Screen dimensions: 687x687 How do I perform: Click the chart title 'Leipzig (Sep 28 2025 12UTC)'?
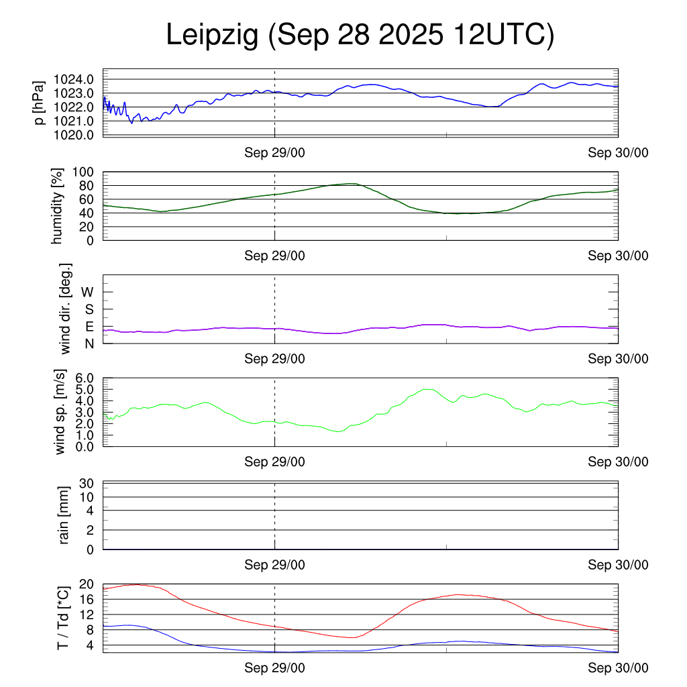(x=360, y=36)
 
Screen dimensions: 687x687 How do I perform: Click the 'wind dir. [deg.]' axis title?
(x=65, y=309)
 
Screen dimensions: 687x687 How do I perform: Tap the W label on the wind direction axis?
(x=88, y=292)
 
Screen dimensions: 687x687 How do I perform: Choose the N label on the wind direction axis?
(x=89, y=343)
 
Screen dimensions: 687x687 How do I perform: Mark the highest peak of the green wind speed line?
(x=425, y=389)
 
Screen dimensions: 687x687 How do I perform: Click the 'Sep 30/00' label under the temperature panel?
(x=618, y=668)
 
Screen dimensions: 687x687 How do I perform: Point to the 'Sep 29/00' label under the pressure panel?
(x=274, y=153)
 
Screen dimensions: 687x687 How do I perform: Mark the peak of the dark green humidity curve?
(x=350, y=183)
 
